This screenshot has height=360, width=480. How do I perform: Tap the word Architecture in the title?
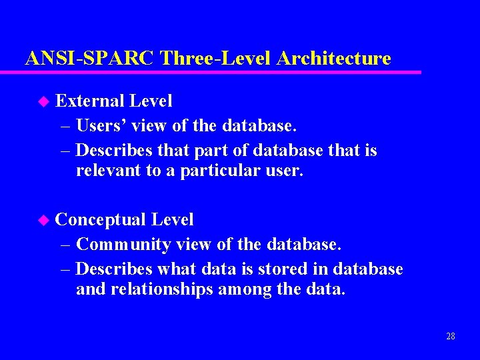[x=333, y=59]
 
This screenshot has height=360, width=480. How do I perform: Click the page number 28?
[x=451, y=336]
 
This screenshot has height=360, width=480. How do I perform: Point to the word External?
[x=90, y=101]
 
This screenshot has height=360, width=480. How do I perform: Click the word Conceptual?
[x=101, y=220]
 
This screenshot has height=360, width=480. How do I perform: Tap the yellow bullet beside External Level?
[x=43, y=101]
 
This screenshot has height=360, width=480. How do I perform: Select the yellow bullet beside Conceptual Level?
[x=43, y=220]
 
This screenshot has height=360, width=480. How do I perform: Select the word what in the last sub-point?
[x=179, y=269]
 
